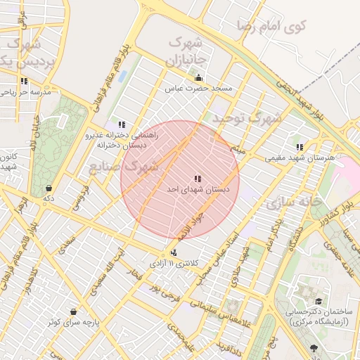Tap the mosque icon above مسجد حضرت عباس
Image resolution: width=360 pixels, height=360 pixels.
[x=198, y=78]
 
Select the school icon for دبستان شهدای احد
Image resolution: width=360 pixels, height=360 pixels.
[x=198, y=179]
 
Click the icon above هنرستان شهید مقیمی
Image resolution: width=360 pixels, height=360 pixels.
[x=300, y=148]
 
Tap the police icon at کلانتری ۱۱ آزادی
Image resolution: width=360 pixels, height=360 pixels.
[x=174, y=252]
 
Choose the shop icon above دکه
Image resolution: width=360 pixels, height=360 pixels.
[x=48, y=188]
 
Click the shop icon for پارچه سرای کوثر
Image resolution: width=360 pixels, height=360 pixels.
[x=74, y=311]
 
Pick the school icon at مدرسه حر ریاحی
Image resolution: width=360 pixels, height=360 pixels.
[x=25, y=81]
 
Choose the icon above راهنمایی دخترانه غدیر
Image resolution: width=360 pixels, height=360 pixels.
[x=122, y=124]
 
